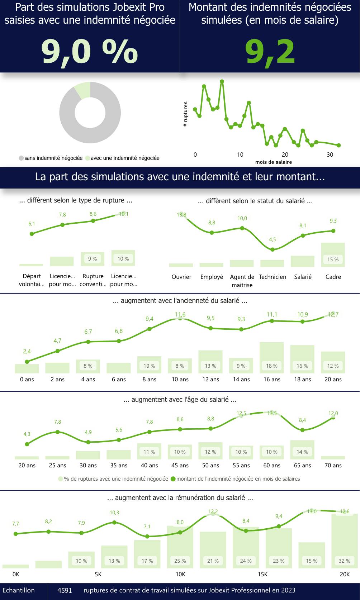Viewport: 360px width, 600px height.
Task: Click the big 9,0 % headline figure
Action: point(90,52)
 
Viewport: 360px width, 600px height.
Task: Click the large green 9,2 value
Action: point(270,52)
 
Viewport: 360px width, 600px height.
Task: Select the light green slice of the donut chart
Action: point(82,90)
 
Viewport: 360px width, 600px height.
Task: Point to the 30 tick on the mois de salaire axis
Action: point(330,155)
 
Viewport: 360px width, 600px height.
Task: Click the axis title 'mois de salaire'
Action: point(273,162)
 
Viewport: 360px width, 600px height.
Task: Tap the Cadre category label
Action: point(333,277)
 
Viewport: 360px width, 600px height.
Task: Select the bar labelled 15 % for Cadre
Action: point(333,255)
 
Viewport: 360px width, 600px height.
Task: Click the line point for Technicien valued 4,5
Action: point(273,249)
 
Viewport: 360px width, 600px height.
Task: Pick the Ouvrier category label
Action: point(181,277)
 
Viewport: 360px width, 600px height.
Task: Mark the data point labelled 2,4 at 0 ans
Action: point(27,362)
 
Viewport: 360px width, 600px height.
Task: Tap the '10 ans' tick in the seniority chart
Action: point(180,379)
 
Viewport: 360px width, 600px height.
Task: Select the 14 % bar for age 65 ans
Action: point(302,450)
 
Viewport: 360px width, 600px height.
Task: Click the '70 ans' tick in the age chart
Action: point(333,465)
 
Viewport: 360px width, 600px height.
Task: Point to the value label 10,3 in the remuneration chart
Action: point(114,513)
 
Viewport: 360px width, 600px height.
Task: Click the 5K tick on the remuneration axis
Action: point(98,574)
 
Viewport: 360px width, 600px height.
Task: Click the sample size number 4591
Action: point(65,590)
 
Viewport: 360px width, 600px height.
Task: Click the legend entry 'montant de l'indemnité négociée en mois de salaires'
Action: point(238,479)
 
